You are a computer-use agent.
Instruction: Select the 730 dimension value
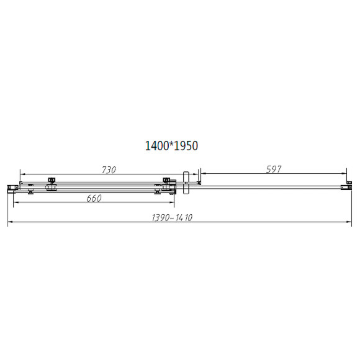point(108,169)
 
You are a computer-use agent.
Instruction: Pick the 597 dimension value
point(274,169)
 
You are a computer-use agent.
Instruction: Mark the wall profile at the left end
point(11,187)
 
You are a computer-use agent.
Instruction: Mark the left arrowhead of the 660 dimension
point(17,204)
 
